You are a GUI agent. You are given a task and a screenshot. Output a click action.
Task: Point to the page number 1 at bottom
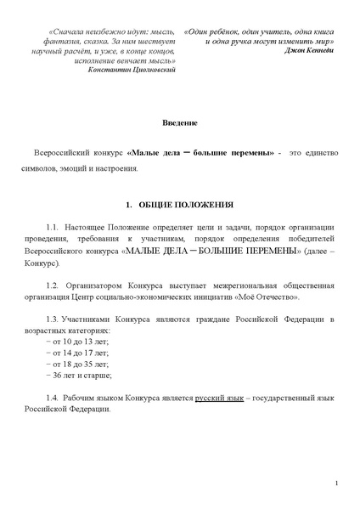point(337,484)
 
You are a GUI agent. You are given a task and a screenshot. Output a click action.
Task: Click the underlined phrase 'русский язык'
point(218,398)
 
